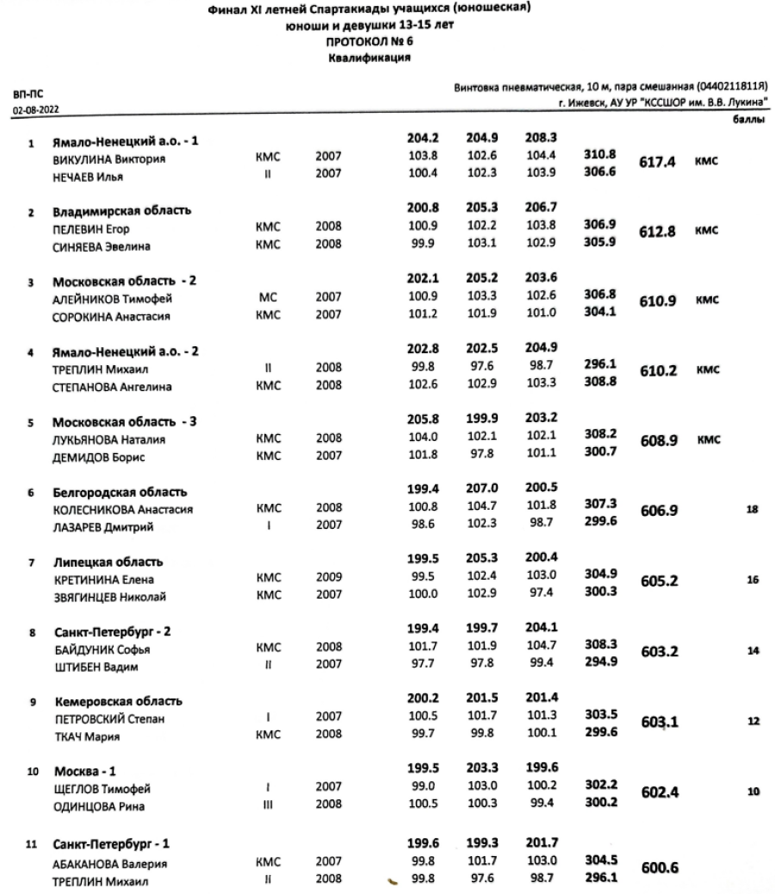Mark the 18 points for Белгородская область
753,510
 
